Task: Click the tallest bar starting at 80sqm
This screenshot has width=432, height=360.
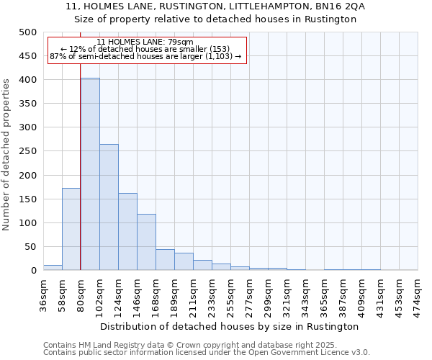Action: pos(90,174)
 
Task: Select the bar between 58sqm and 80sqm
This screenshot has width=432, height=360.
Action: pos(71,229)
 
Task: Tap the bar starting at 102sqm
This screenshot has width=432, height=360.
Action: pos(109,207)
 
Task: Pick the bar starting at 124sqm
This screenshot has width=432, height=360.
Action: pos(127,232)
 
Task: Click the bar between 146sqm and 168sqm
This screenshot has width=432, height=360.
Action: pos(146,242)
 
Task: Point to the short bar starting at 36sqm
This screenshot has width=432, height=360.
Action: pos(53,267)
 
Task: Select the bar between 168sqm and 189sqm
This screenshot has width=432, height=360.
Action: pos(165,260)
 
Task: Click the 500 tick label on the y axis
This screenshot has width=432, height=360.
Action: pos(27,32)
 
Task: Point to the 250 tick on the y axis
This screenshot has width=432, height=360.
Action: pos(27,151)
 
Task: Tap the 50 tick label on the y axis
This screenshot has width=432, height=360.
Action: pos(30,247)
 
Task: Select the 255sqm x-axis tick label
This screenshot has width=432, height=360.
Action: pos(231,294)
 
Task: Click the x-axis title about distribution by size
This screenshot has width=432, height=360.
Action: pos(230,326)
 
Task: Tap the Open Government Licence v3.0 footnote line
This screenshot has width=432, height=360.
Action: pos(207,352)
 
